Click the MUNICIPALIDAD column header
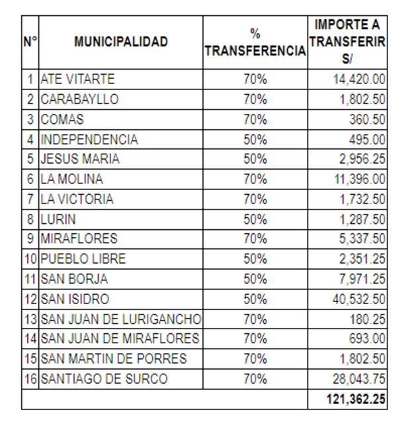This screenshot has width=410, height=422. [121, 42]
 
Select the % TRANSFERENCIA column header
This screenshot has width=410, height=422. [255, 42]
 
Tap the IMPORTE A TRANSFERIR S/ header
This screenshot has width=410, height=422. [347, 42]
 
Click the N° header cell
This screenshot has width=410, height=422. [30, 42]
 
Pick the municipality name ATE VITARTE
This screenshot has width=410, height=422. [77, 79]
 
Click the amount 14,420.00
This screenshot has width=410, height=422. [358, 79]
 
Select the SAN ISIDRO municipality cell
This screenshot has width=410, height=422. [75, 299]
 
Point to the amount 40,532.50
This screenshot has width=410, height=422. [358, 299]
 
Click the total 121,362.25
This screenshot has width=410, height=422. [355, 399]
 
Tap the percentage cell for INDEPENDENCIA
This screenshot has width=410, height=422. [255, 140]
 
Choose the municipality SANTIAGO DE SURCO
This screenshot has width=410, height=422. [104, 380]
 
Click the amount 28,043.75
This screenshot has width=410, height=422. [358, 380]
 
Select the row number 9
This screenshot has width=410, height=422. [30, 239]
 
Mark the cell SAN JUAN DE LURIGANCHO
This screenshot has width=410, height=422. [121, 319]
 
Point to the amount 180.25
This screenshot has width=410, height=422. [368, 319]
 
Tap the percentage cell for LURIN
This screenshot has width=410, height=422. [255, 219]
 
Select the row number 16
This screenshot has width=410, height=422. [30, 380]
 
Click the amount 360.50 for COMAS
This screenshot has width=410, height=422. [368, 120]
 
